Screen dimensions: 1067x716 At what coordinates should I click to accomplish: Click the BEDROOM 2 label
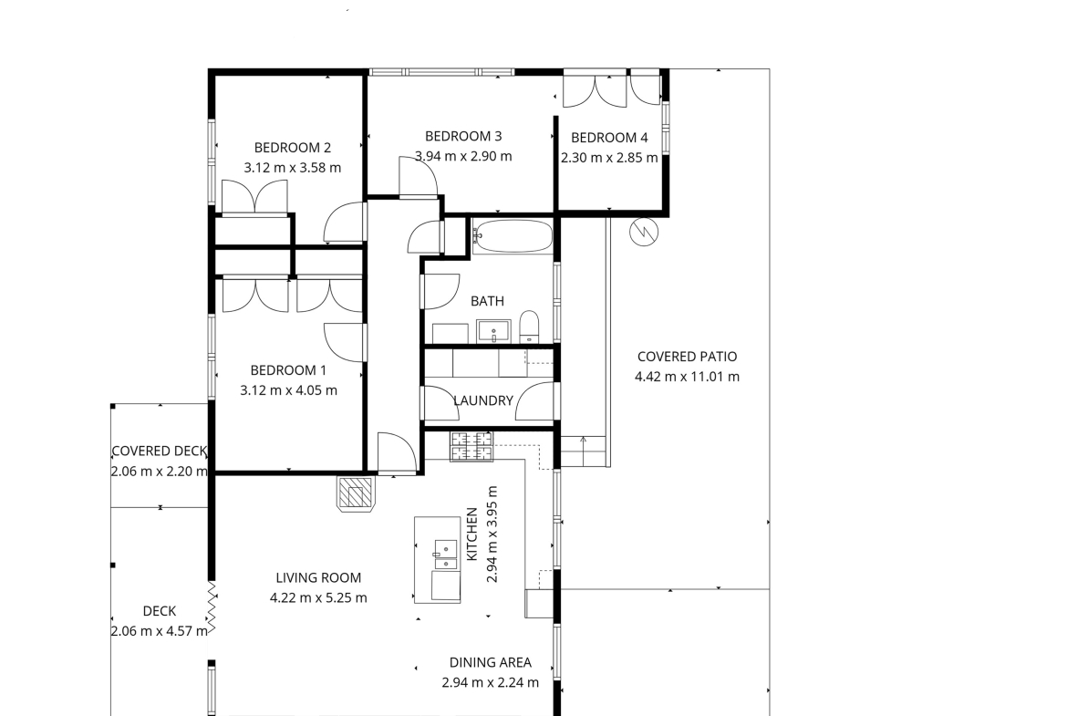click(293, 148)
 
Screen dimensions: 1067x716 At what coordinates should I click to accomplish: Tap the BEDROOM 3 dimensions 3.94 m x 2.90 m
click(463, 156)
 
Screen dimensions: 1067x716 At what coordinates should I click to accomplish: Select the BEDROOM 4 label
click(609, 138)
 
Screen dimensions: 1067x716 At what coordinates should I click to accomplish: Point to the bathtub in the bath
click(513, 236)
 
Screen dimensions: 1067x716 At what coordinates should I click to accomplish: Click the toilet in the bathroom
click(529, 327)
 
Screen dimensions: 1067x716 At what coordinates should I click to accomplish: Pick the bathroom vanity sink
click(493, 332)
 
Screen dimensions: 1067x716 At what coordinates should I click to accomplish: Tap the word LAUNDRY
click(483, 401)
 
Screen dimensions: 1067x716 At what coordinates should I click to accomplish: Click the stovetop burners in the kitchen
click(471, 446)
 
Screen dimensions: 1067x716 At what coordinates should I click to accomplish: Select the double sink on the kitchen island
click(446, 554)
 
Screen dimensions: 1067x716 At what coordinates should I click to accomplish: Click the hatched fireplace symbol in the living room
click(356, 493)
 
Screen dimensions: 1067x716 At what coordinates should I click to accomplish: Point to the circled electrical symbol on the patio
click(644, 232)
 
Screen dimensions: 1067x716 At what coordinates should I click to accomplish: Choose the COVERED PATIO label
click(688, 357)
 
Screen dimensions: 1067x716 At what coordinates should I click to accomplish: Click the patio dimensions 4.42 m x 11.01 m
click(688, 377)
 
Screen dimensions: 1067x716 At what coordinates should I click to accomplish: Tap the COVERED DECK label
click(160, 451)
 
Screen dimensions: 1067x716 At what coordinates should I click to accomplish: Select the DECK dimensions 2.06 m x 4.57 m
click(160, 631)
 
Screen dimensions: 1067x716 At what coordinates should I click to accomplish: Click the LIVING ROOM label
click(318, 578)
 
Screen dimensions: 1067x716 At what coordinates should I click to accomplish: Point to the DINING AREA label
click(491, 662)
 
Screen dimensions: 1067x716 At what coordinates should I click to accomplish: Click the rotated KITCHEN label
click(471, 534)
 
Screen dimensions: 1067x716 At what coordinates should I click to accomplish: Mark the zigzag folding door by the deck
click(212, 608)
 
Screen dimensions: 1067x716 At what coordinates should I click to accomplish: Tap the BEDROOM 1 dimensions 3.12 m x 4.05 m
click(288, 390)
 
